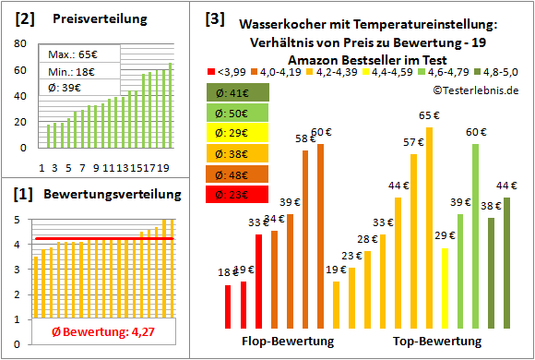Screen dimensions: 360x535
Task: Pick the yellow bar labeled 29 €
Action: pos(445,287)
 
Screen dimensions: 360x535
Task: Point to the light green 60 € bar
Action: pos(475,235)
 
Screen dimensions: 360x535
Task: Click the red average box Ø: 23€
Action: pos(238,195)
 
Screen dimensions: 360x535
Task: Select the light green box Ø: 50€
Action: pos(238,113)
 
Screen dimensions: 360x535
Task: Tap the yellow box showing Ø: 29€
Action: pos(238,133)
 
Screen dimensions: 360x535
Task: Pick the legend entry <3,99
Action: pos(226,70)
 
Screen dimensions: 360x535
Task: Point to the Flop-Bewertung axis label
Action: pos(287,342)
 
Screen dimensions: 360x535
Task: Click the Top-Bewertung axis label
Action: pos(437,342)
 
